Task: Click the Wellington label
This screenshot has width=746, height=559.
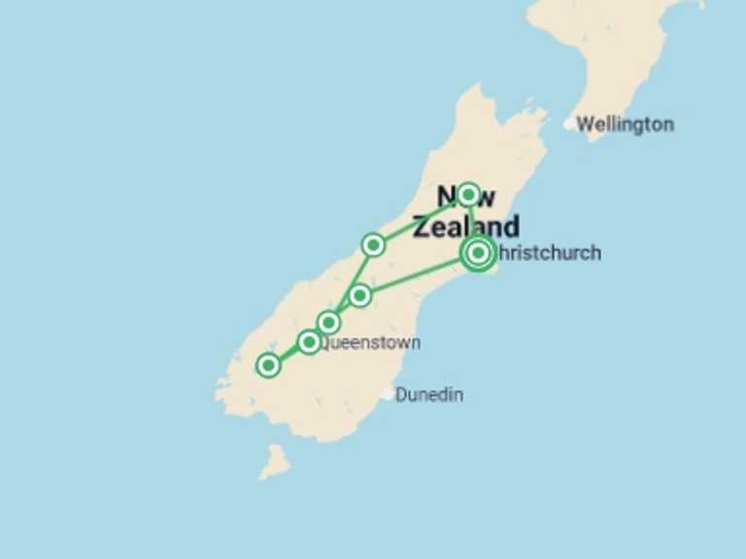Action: (625, 124)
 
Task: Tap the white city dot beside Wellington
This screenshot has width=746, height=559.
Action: (569, 124)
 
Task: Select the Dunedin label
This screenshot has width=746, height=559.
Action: (429, 395)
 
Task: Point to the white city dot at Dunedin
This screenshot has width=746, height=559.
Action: (388, 394)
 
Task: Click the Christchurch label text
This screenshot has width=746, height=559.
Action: (550, 253)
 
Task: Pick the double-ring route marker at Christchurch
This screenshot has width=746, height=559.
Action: (477, 253)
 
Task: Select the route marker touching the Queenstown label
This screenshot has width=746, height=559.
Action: (309, 342)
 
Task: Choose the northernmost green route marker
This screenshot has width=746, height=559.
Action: (468, 194)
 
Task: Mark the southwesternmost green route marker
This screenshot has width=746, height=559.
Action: (268, 365)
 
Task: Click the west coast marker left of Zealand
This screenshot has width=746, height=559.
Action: (373, 245)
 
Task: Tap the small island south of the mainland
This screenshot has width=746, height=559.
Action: (274, 461)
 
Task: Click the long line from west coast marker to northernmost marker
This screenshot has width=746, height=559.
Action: (421, 219)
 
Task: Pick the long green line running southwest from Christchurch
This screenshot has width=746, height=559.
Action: (418, 275)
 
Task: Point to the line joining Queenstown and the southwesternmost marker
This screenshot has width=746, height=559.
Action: (288, 353)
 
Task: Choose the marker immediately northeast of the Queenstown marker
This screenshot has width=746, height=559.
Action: (328, 322)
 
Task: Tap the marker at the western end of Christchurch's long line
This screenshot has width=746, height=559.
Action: (359, 295)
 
